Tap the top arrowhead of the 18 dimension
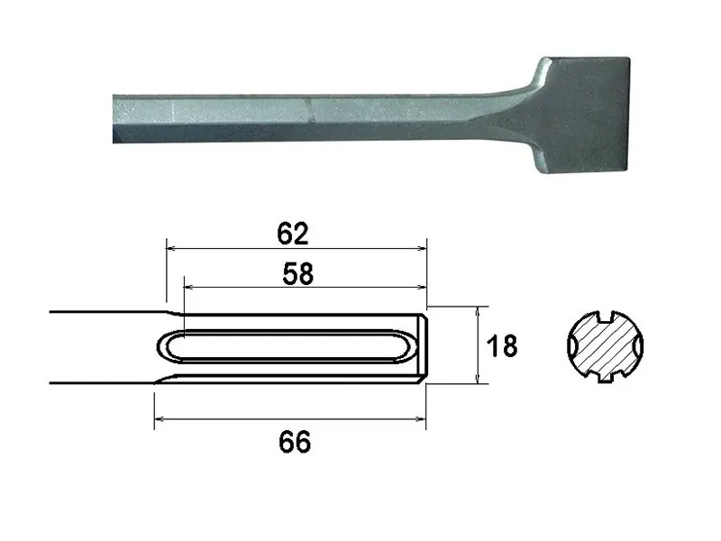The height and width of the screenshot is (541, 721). (x=475, y=312)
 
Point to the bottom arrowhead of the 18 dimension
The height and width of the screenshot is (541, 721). (x=475, y=379)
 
